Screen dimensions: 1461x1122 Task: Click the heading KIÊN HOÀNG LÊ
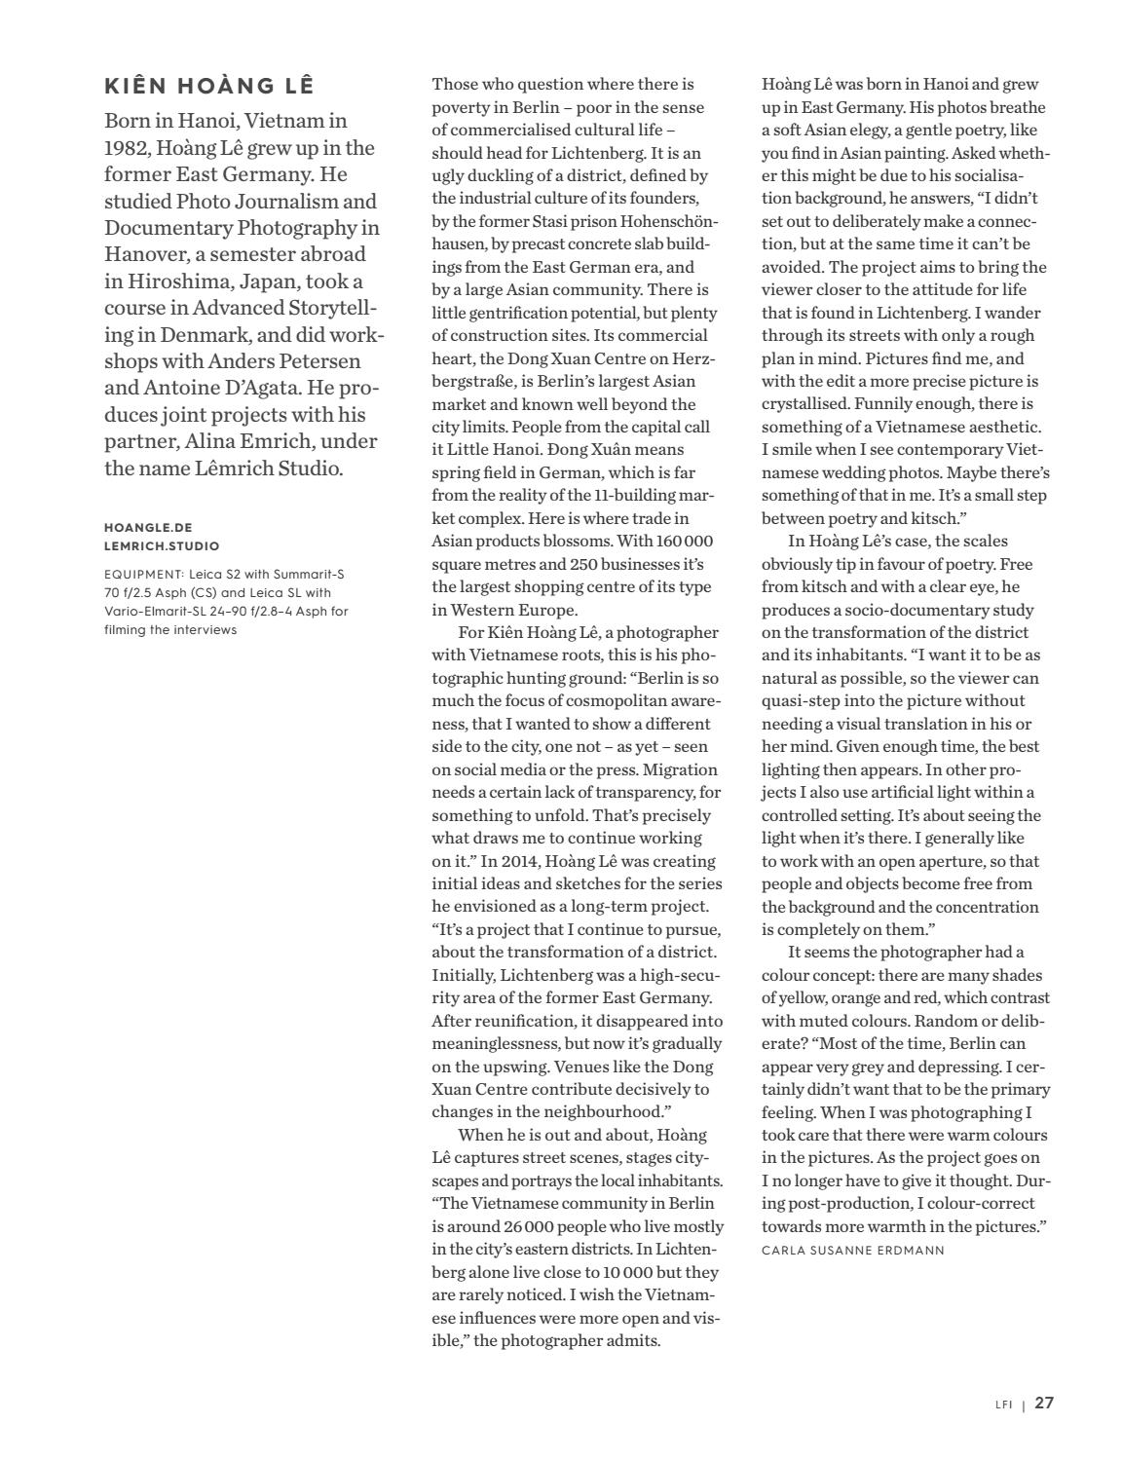(x=208, y=86)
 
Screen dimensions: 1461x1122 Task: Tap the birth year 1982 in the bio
(x=126, y=148)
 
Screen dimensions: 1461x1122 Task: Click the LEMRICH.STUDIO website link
(x=162, y=546)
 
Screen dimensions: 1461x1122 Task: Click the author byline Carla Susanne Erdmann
(x=852, y=1250)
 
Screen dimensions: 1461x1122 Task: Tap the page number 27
(x=1044, y=1404)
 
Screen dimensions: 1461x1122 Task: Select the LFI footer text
(x=1003, y=1405)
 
